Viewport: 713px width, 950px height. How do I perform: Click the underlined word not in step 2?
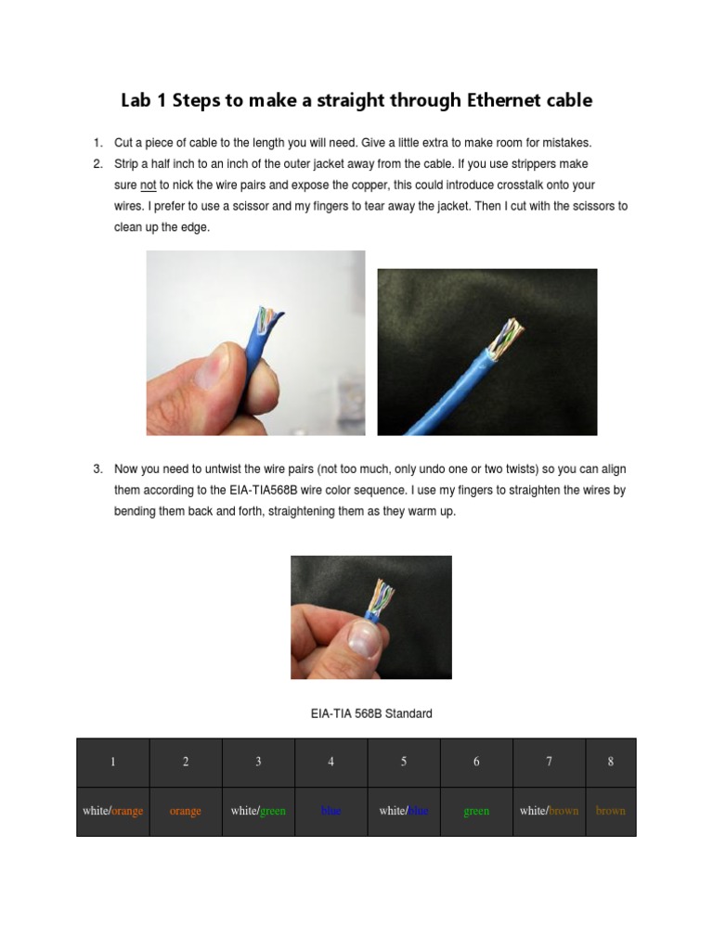click(148, 186)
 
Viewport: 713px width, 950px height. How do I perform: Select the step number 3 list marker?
click(97, 469)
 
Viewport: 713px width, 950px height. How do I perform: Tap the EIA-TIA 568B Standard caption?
click(371, 713)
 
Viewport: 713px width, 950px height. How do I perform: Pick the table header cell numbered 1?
click(113, 762)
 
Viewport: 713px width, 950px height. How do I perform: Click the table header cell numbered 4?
click(331, 762)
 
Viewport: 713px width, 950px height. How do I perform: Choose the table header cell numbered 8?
click(611, 762)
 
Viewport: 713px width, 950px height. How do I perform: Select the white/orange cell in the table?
click(113, 811)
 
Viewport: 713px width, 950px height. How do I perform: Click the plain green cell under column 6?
click(476, 811)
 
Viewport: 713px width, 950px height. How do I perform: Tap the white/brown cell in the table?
click(549, 811)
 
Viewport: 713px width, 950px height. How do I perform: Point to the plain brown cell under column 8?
click(611, 811)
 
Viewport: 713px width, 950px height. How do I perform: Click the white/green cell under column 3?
click(258, 811)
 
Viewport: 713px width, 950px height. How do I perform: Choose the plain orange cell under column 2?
click(186, 811)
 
